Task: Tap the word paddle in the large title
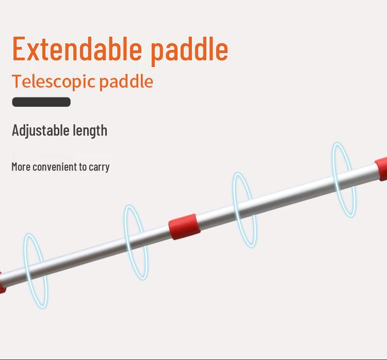click(x=189, y=51)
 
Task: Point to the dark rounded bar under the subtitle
click(x=41, y=102)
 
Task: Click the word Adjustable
click(x=40, y=130)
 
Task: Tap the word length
click(x=90, y=130)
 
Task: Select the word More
click(x=21, y=167)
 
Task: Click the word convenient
click(x=54, y=167)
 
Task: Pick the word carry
click(x=99, y=167)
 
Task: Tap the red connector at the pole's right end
click(x=382, y=168)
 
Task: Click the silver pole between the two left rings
click(x=83, y=257)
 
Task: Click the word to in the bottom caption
click(x=83, y=167)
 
